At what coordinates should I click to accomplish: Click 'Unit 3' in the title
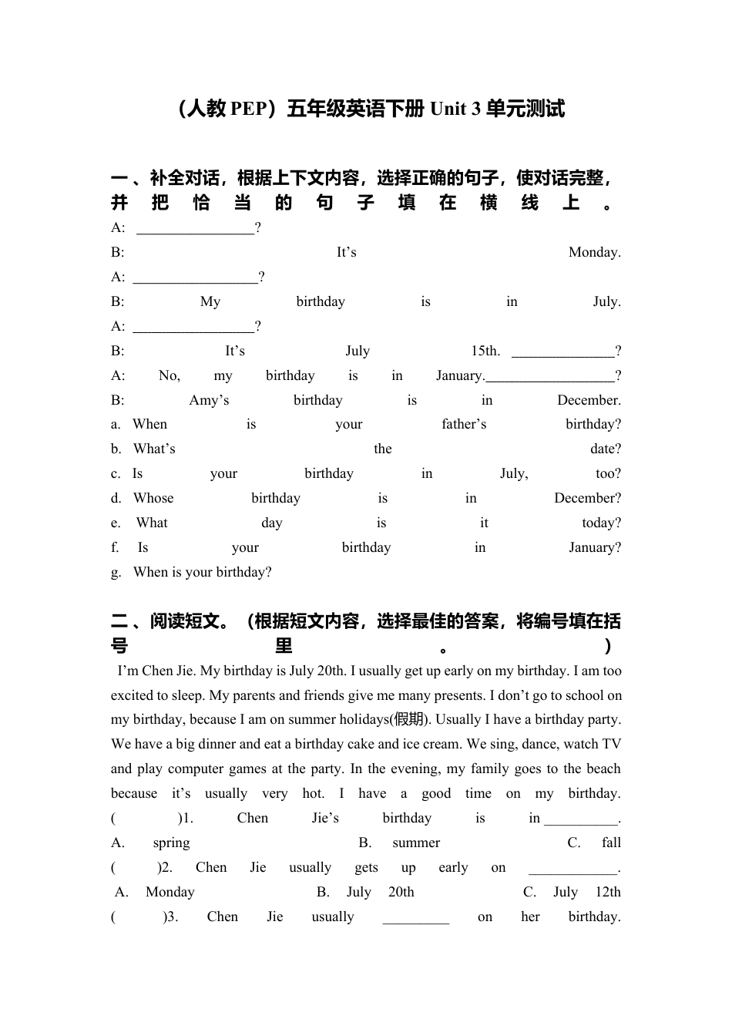pos(455,109)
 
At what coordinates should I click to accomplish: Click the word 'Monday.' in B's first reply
pos(594,252)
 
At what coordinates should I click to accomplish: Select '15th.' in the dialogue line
pos(485,351)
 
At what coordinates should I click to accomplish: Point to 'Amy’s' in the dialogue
pos(209,400)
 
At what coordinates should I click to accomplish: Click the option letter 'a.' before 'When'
pos(116,424)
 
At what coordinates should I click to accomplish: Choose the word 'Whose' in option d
pos(153,498)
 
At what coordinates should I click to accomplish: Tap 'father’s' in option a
pos(464,424)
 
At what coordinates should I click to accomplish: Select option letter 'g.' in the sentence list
pos(116,572)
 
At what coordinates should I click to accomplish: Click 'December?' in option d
pos(587,498)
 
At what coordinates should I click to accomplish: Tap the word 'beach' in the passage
pos(603,769)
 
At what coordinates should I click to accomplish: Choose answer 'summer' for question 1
pos(416,843)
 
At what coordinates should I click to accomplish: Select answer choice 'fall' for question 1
pos(611,843)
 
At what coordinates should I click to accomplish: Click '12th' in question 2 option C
pos(607,892)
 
